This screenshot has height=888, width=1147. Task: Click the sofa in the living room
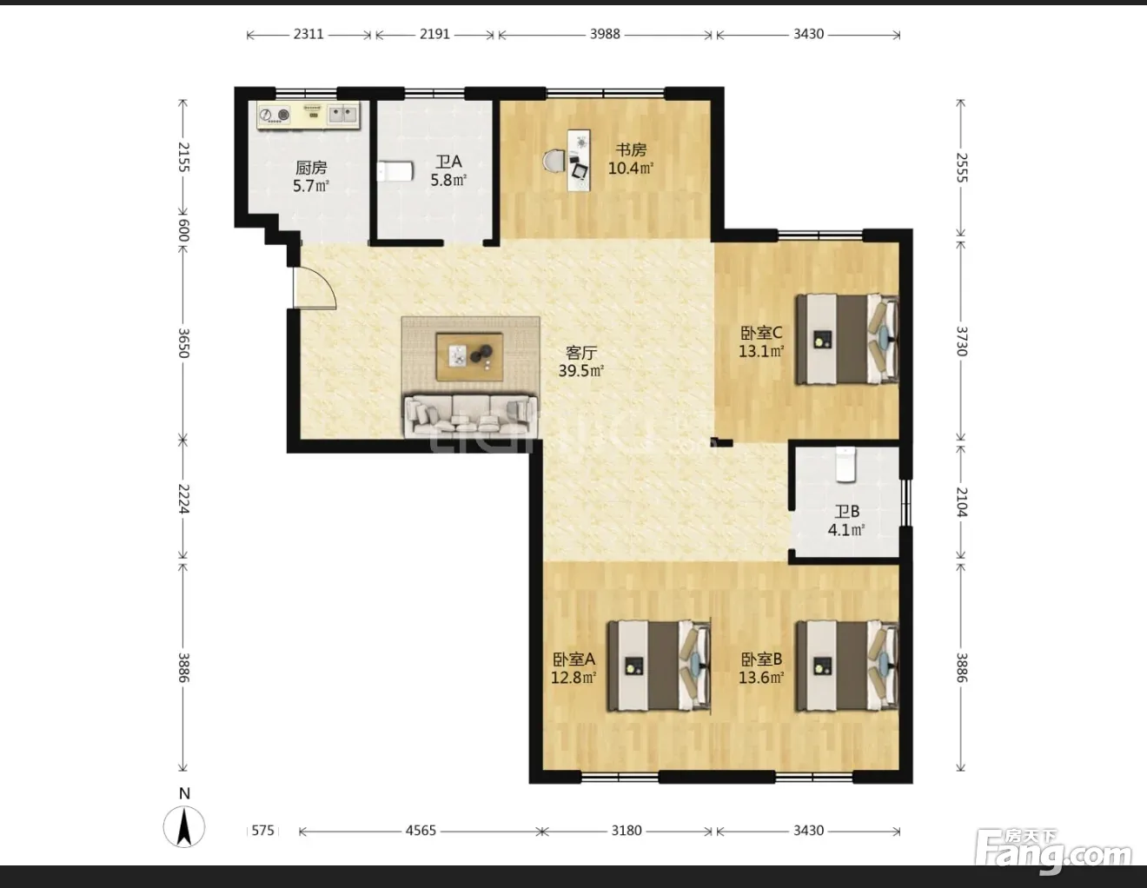tap(471, 417)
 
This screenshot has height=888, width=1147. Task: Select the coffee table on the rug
tap(469, 356)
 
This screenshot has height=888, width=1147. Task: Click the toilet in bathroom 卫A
tap(394, 171)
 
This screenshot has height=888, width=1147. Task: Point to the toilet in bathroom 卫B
tap(845, 464)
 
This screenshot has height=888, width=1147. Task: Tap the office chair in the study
tap(554, 161)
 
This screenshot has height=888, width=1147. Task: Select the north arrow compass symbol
tap(184, 825)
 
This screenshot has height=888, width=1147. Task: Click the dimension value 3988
tap(605, 34)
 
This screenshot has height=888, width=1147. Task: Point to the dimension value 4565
tap(421, 831)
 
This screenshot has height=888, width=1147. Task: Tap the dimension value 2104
tap(962, 501)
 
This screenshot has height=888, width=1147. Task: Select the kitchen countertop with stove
tap(308, 115)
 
